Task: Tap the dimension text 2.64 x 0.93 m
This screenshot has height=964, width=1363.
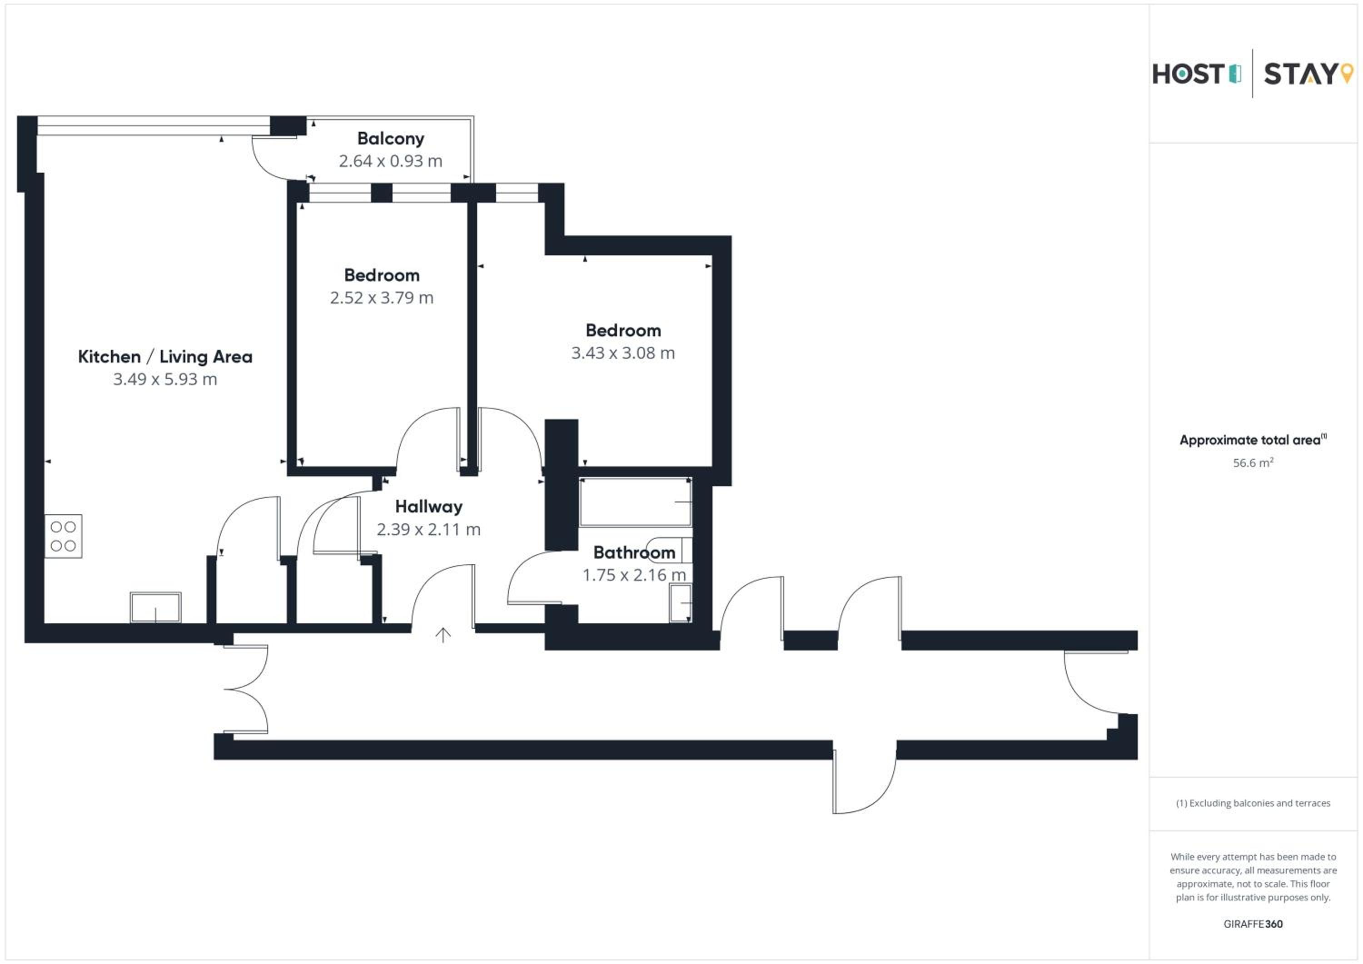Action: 391,161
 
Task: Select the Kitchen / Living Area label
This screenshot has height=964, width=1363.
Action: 165,357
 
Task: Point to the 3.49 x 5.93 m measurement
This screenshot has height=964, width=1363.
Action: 165,379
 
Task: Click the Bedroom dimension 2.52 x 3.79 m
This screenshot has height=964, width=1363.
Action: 382,298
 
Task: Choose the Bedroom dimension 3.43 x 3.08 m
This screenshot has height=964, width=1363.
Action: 623,353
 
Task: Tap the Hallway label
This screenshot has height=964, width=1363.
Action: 428,507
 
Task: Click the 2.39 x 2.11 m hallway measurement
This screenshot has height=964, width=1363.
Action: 428,530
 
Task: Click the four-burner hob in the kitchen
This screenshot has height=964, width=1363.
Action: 64,536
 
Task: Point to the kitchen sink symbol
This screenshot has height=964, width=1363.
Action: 155,607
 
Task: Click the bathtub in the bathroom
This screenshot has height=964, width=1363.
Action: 635,502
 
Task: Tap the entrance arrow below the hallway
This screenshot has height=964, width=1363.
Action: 443,635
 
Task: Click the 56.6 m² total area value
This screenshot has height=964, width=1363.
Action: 1253,463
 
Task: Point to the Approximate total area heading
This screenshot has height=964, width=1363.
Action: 1253,440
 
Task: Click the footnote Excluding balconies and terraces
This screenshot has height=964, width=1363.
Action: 1253,803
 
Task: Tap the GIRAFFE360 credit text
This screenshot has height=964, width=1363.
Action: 1253,924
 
